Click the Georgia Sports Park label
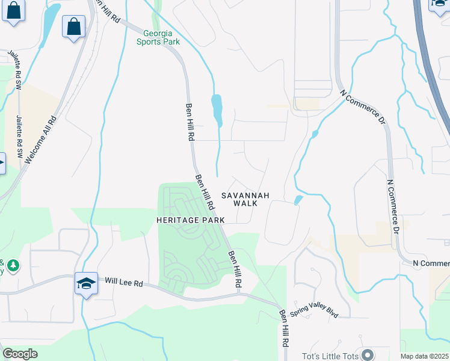158,37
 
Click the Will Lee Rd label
125,282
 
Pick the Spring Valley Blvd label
315,311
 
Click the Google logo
20,354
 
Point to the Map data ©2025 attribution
425,356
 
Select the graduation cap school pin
86,283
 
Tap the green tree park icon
13,265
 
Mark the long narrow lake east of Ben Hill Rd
217,110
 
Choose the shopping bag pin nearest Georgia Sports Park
73,27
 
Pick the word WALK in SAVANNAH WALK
245,203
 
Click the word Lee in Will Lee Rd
124,282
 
